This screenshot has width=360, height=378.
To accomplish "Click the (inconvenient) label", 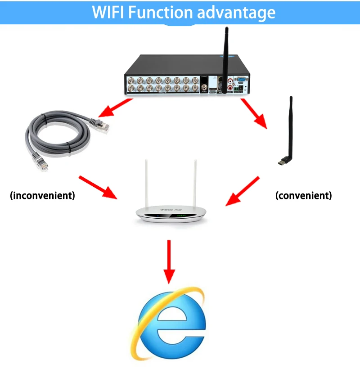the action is coord(42,196).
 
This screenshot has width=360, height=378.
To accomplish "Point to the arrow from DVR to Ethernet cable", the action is coord(116,108).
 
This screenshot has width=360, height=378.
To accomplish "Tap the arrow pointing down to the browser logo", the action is coord(169,261).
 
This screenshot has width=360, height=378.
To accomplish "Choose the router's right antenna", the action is coord(196,184).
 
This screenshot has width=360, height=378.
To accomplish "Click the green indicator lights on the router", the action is coord(181,216).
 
